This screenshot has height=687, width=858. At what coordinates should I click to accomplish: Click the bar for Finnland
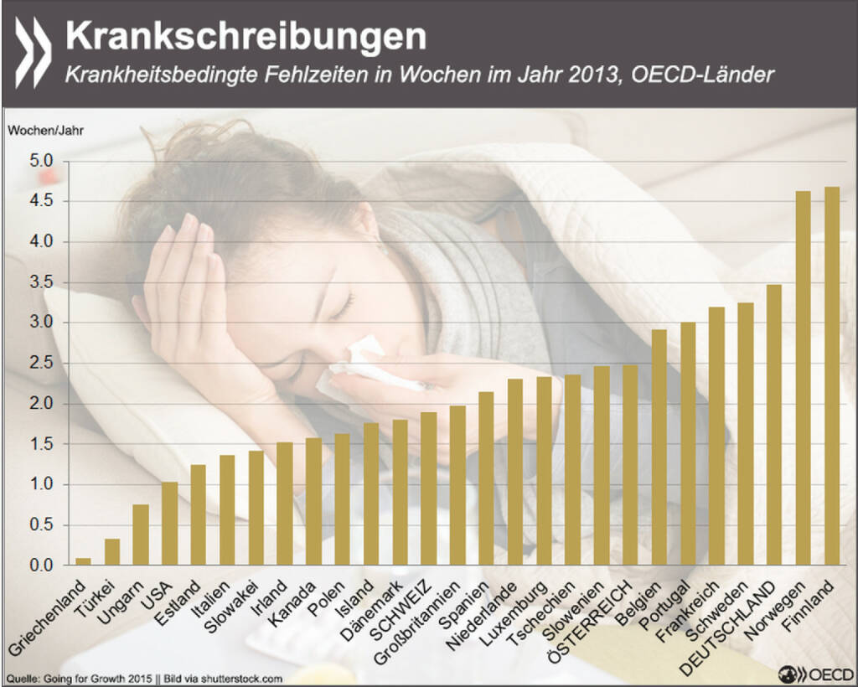(x=832, y=376)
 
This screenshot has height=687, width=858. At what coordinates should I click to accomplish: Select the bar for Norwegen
(x=803, y=378)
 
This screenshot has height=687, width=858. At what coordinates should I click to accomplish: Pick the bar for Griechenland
(x=84, y=561)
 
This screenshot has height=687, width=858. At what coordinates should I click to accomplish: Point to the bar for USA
(x=169, y=524)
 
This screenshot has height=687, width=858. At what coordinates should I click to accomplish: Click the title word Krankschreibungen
(x=246, y=37)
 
